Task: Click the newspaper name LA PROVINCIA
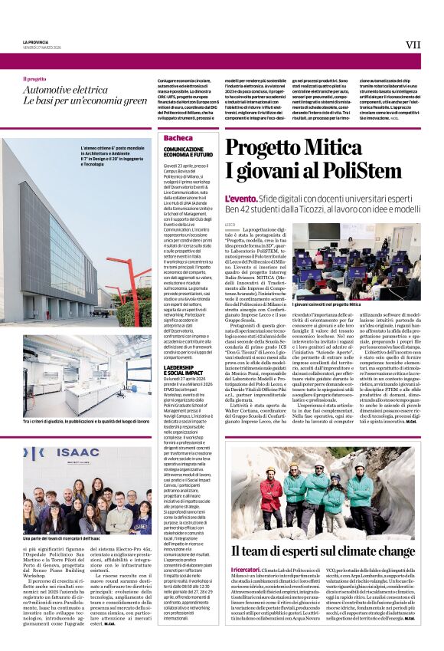(35, 41)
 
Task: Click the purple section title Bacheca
(178, 137)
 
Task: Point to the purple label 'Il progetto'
(34, 79)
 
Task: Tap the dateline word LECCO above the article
(230, 223)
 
